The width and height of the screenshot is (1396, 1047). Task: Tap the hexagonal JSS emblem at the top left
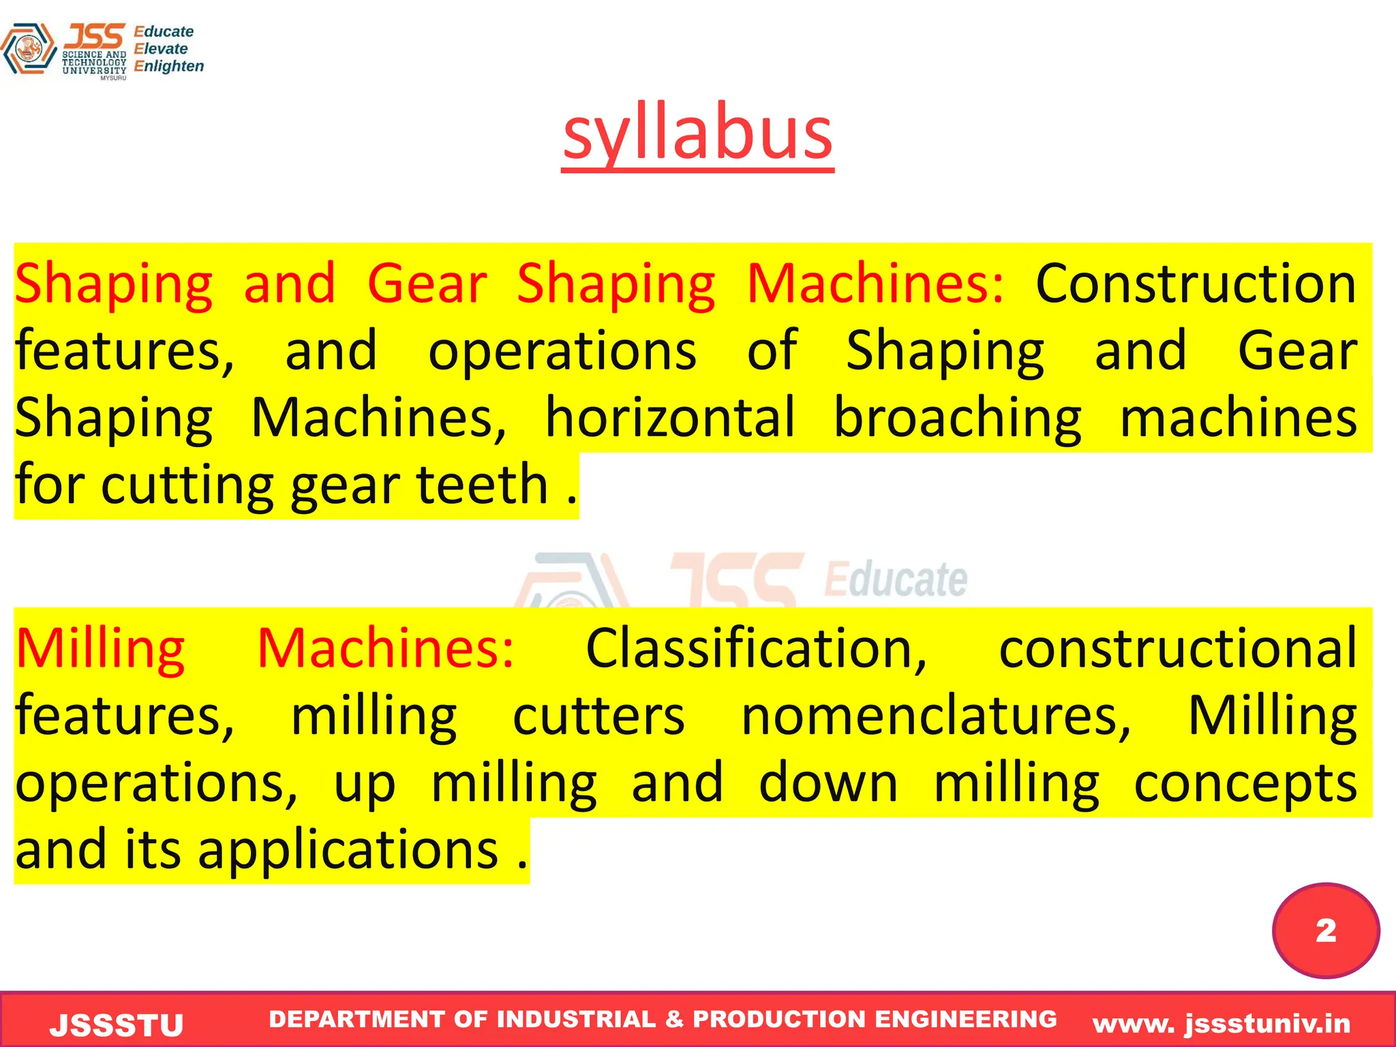[x=29, y=49]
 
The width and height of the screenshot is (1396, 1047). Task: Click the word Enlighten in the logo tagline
[x=169, y=66]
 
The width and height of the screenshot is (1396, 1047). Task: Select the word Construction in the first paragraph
[x=1196, y=284]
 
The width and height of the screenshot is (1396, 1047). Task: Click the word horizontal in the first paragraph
[x=670, y=417]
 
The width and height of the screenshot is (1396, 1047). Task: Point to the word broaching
[x=957, y=417]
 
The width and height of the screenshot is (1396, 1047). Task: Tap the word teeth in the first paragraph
[x=482, y=484]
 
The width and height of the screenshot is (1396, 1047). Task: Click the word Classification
[x=756, y=648]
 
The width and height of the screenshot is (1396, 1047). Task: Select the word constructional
[x=1178, y=648]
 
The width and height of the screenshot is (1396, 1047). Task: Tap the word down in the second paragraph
[x=828, y=783]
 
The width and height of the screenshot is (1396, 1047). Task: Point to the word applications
[x=348, y=850]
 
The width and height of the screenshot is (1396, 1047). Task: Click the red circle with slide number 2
[x=1325, y=930]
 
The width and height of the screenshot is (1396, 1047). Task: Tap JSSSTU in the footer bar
[x=117, y=1025]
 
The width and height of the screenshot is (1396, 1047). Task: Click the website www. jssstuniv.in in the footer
[x=1221, y=1023]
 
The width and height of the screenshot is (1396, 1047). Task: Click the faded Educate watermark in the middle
[x=895, y=579]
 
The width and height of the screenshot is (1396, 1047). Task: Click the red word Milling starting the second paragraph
[x=100, y=649]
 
